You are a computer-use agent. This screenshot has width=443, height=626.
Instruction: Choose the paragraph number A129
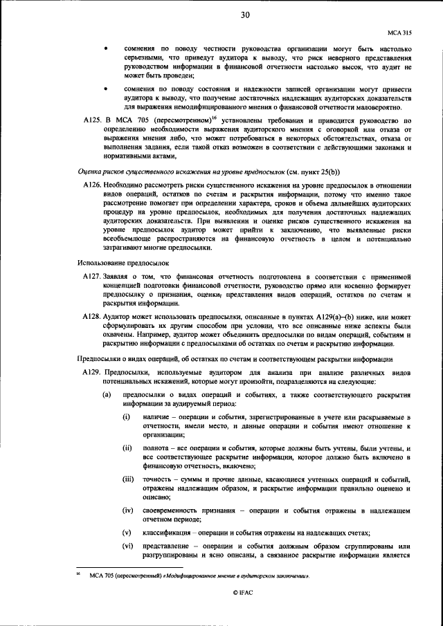92,373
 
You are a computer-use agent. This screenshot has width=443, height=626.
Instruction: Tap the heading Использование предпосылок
119,262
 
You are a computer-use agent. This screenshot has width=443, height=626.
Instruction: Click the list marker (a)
106,395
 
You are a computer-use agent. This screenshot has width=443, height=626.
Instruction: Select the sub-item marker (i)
127,418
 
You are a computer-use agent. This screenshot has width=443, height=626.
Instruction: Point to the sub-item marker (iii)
128,479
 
